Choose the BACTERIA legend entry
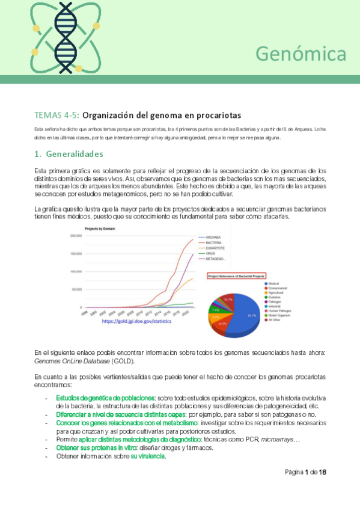point(213,242)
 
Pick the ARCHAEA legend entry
point(213,237)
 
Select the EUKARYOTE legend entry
point(215,248)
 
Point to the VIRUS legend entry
point(211,253)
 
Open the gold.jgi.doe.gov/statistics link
point(136,321)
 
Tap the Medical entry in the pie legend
point(273,283)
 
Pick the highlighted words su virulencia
point(148,456)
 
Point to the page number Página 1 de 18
point(305,472)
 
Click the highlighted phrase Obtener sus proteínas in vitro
point(97,448)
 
